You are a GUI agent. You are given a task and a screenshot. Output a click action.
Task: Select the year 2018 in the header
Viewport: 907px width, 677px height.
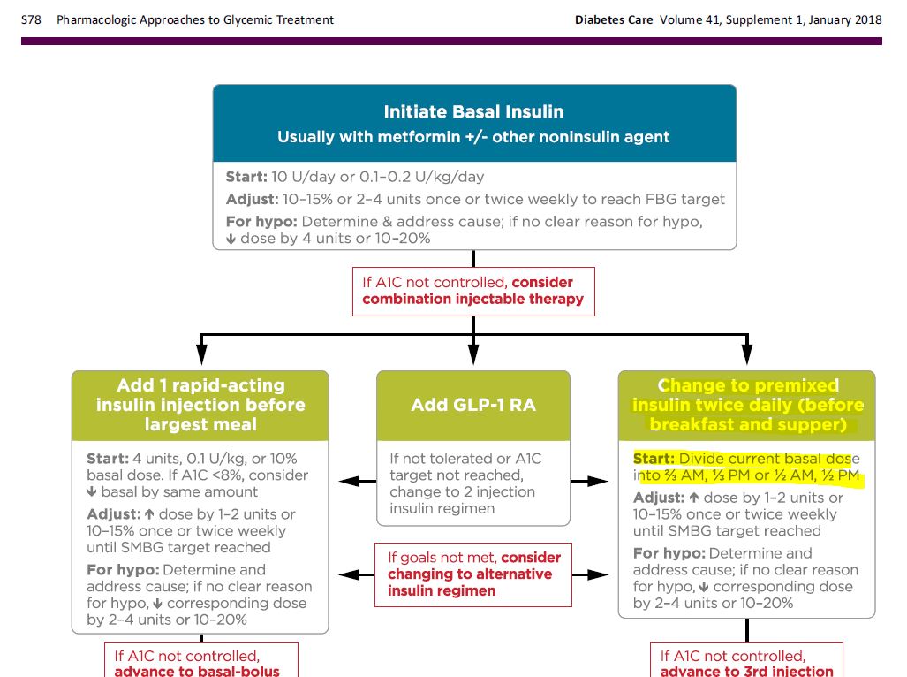coord(865,19)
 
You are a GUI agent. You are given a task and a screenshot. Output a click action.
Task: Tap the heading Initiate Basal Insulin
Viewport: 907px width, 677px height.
coord(473,112)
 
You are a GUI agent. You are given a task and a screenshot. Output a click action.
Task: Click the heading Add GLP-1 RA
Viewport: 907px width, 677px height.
coord(473,406)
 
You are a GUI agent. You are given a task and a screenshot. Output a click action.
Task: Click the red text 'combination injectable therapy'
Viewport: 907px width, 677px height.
coord(473,299)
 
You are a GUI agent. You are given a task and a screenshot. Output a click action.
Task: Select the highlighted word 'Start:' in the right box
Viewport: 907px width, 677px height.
coord(654,459)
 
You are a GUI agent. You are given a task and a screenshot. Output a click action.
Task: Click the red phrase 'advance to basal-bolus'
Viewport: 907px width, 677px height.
coord(197,672)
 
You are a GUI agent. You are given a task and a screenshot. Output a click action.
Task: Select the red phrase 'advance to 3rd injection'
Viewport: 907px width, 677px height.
coord(747,672)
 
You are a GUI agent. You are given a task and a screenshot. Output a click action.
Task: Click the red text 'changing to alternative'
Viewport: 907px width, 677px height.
coord(470,574)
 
